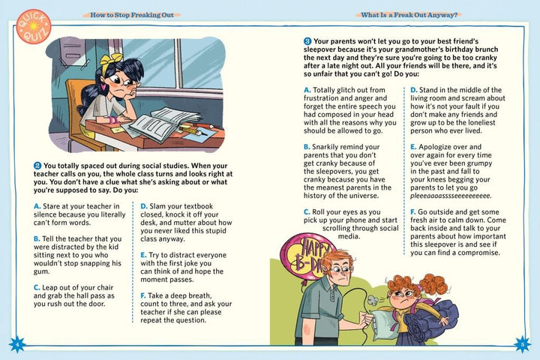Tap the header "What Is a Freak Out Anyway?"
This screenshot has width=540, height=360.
point(410,14)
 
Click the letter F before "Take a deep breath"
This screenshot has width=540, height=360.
point(143,295)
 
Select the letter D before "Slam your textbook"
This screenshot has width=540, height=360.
point(143,205)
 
